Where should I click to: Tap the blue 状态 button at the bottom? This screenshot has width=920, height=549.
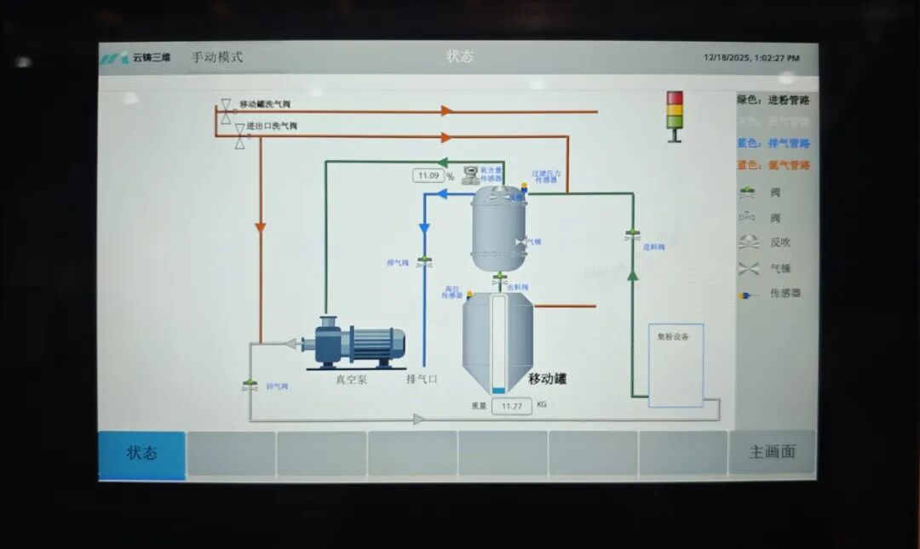click(141, 454)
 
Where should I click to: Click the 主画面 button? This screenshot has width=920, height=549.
click(772, 453)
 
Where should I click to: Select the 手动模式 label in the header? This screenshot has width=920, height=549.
click(217, 57)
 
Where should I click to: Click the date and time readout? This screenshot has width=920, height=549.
click(751, 58)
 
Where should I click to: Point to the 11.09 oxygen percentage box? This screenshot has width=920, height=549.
click(428, 176)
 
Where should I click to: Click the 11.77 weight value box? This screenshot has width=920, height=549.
click(512, 406)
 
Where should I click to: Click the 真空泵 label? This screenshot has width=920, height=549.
click(351, 380)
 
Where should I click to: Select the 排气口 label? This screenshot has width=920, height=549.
click(422, 380)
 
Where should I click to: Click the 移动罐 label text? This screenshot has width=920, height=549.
click(547, 379)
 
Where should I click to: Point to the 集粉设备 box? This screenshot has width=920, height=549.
click(676, 364)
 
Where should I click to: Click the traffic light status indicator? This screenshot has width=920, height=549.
click(675, 114)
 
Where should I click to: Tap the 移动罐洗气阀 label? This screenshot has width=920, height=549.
click(265, 104)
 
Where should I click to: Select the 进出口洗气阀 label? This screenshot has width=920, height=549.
click(272, 126)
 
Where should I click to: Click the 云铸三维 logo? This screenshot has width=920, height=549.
click(136, 58)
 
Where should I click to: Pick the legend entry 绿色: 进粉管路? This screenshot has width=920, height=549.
click(773, 100)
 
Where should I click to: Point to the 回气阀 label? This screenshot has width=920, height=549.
click(277, 386)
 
